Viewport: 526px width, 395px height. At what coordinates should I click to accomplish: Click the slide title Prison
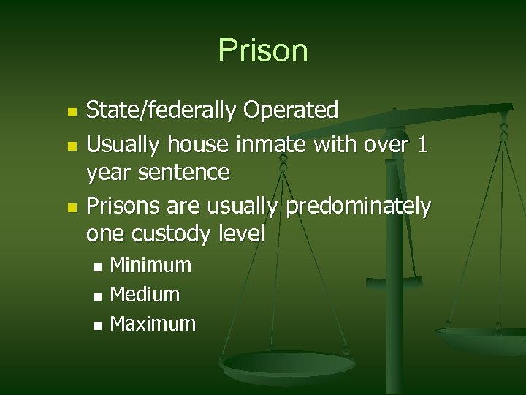263,50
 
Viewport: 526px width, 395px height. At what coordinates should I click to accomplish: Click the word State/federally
161,111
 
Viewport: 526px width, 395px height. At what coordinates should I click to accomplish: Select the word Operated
291,111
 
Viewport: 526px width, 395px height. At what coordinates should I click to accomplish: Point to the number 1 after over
422,146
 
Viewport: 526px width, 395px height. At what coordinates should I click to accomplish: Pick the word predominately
358,207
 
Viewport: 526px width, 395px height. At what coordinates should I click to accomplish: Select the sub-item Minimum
150,266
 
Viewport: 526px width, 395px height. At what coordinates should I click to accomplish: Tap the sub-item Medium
145,295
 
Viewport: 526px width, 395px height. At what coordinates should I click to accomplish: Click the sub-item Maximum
153,324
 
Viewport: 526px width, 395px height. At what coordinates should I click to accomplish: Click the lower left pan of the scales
288,364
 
